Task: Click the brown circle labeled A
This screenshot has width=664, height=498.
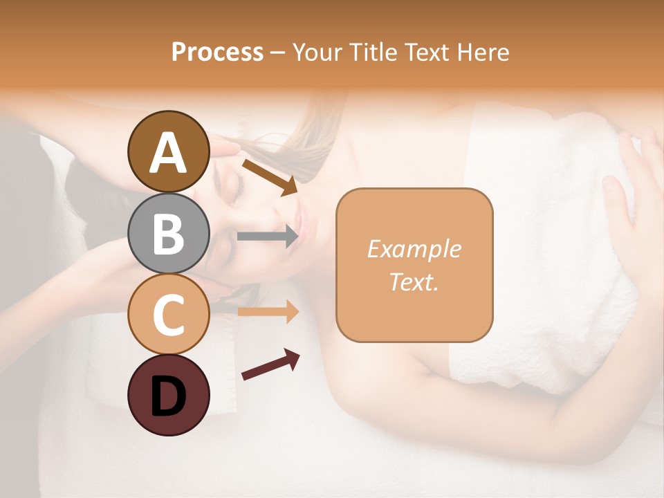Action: [x=168, y=151]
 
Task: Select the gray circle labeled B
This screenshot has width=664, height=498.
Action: [x=168, y=233]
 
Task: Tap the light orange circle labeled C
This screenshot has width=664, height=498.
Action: [x=168, y=314]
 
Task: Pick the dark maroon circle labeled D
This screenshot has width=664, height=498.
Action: [x=168, y=395]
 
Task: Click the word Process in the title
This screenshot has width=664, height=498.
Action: [x=217, y=52]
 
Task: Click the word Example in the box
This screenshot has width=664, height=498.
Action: [x=414, y=249]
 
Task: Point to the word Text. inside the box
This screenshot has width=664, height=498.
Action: [x=414, y=282]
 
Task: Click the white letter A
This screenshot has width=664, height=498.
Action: [x=168, y=153]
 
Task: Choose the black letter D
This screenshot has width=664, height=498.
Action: [x=168, y=396]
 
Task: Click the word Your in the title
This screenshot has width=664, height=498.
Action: [x=315, y=52]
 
